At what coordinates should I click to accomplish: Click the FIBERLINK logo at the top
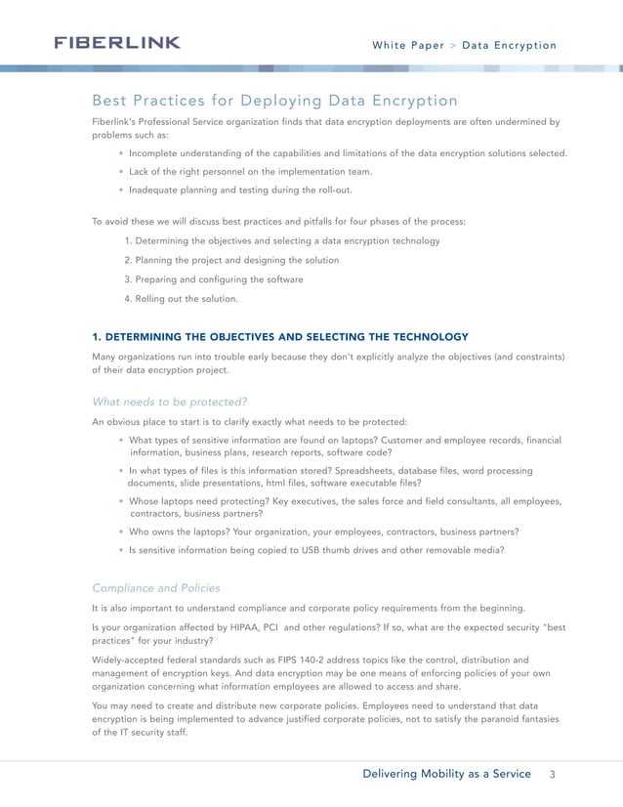(116, 43)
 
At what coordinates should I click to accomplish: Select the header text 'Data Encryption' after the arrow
(509, 45)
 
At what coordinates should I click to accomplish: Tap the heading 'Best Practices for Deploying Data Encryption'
(274, 101)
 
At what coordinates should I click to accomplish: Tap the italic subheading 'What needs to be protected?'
(170, 401)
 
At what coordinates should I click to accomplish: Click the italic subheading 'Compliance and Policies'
(155, 588)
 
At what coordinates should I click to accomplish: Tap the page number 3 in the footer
(552, 774)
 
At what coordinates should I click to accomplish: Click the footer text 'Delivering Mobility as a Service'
(447, 774)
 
